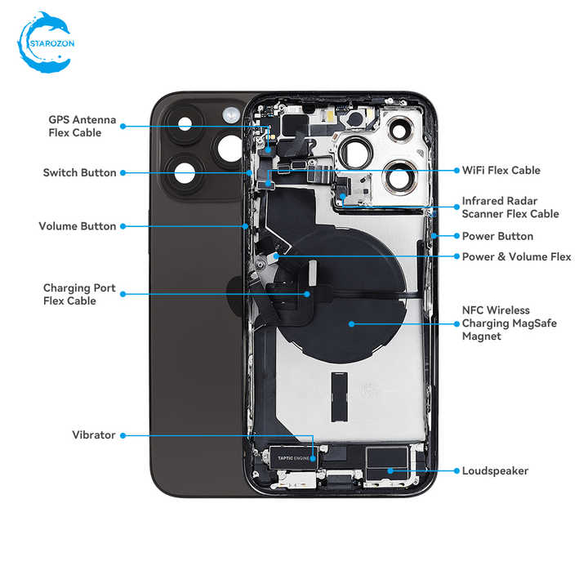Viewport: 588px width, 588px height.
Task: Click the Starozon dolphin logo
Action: click(46, 42)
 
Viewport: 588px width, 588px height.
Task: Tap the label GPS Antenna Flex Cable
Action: click(82, 126)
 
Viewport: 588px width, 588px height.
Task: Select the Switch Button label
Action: click(79, 172)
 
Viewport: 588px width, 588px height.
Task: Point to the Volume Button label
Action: click(78, 226)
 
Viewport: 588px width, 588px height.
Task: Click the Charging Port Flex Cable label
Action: click(79, 294)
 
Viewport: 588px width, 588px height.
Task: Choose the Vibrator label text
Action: click(94, 435)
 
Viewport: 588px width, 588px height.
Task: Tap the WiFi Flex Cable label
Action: click(501, 170)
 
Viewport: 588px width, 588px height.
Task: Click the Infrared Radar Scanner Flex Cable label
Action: click(510, 207)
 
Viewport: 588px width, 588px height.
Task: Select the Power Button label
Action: click(497, 236)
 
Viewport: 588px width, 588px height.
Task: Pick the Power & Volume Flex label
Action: click(516, 257)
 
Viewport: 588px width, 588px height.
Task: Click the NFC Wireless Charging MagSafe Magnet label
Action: click(510, 323)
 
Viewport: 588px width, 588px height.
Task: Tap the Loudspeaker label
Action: click(495, 471)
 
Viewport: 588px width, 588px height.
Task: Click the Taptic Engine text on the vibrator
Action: click(293, 458)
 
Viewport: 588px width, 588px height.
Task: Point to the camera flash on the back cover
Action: click(231, 115)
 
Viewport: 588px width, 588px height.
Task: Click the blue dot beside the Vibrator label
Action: click(123, 435)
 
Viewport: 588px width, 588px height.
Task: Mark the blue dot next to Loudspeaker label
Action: click(457, 471)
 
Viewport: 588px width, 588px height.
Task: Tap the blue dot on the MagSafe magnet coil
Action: click(351, 324)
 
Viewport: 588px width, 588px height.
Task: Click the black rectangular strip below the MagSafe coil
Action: click(340, 397)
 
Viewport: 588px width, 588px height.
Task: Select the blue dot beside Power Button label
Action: click(457, 236)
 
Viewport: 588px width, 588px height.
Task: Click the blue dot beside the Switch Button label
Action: click(123, 173)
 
